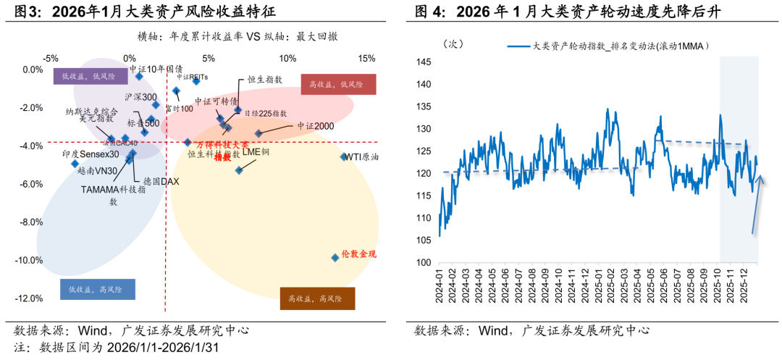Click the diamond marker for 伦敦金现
tap(335, 257)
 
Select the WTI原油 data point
tap(344, 156)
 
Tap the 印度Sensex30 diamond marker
tap(75, 164)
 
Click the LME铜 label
tap(256, 152)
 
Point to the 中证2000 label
tap(314, 126)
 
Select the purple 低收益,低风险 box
tap(85, 75)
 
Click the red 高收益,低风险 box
tap(337, 85)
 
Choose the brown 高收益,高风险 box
tap(316, 298)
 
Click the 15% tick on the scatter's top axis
tap(366, 58)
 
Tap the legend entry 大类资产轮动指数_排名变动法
tap(620, 46)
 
